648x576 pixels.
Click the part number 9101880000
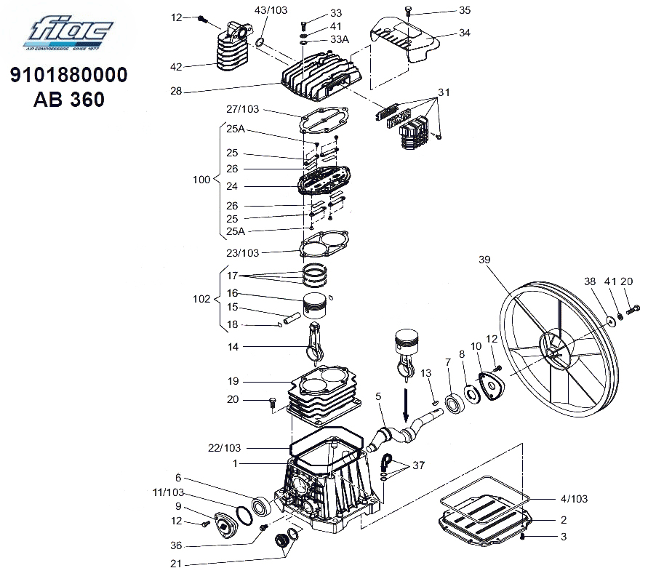pyautogui.click(x=69, y=76)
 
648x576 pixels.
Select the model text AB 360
pyautogui.click(x=69, y=99)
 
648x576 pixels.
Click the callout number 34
pyautogui.click(x=464, y=33)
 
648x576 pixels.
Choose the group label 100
pyautogui.click(x=201, y=180)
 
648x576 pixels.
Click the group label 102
pyautogui.click(x=201, y=299)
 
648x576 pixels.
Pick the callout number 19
pyautogui.click(x=232, y=381)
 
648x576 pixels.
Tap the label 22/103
pyautogui.click(x=223, y=448)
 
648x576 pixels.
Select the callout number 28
pyautogui.click(x=176, y=92)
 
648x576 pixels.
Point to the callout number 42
pyautogui.click(x=176, y=67)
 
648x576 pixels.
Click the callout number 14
pyautogui.click(x=232, y=348)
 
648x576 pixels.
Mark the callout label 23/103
pyautogui.click(x=242, y=253)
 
